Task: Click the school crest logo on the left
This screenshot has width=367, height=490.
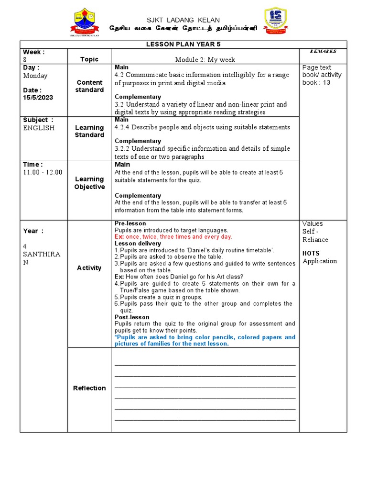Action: [86, 22]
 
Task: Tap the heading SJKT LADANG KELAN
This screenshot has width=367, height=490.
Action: [183, 20]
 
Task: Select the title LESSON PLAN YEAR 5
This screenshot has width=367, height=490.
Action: [183, 44]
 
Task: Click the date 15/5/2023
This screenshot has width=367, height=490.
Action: [38, 97]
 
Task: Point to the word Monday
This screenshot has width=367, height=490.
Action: [35, 76]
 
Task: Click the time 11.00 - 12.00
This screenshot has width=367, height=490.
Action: [43, 172]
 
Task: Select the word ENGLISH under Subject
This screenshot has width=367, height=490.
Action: [39, 128]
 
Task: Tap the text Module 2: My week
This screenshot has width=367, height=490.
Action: [205, 59]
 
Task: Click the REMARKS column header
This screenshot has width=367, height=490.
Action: [323, 51]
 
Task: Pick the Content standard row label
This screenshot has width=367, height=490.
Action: [89, 86]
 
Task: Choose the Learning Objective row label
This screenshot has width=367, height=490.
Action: [89, 183]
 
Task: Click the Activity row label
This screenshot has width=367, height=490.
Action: [89, 268]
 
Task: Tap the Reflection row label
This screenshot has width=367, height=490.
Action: [89, 388]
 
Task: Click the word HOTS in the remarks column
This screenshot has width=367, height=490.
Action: [311, 253]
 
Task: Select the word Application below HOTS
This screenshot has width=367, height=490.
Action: [320, 261]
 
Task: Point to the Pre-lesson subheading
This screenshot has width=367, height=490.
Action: [130, 223]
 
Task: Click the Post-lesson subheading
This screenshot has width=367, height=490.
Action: [132, 317]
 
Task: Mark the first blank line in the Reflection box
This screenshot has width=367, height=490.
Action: [205, 365]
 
